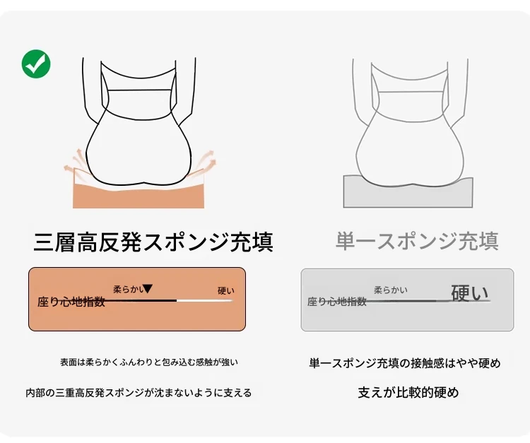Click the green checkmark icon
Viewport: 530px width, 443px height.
pyautogui.click(x=36, y=64)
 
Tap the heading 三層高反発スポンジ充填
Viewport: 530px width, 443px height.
pyautogui.click(x=153, y=241)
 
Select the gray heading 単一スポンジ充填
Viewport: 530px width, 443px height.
pyautogui.click(x=417, y=241)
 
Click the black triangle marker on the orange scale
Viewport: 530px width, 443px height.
pyautogui.click(x=148, y=288)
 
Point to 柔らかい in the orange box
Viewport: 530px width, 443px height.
pyautogui.click(x=127, y=289)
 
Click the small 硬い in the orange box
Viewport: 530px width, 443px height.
pyautogui.click(x=226, y=290)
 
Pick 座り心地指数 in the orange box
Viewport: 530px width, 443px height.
pyautogui.click(x=71, y=302)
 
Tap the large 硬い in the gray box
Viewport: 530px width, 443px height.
pyautogui.click(x=470, y=293)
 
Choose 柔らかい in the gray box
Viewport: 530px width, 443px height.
pyautogui.click(x=391, y=290)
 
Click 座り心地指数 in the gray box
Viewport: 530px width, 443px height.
pyautogui.click(x=337, y=302)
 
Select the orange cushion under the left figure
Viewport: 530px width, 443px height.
pyautogui.click(x=139, y=196)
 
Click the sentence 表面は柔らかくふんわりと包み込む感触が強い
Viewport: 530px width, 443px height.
pyautogui.click(x=149, y=362)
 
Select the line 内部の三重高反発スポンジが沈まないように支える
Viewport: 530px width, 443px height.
pyautogui.click(x=139, y=393)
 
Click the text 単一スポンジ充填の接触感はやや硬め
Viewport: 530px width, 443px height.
pyautogui.click(x=405, y=363)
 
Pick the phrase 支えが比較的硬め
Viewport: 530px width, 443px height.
pyautogui.click(x=408, y=393)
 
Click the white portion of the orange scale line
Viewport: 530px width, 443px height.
pyautogui.click(x=205, y=300)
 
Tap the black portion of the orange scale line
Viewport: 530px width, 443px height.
pyautogui.click(x=141, y=300)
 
